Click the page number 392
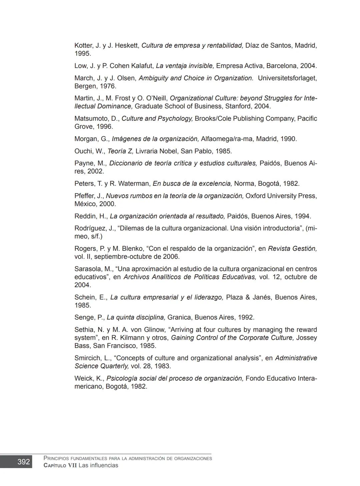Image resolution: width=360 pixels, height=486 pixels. (x=23, y=462)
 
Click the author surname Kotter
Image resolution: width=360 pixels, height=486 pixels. (x=84, y=45)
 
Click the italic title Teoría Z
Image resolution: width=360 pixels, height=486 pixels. (x=120, y=151)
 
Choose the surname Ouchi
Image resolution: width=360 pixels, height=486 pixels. (x=83, y=151)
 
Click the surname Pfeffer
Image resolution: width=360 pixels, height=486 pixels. (x=84, y=196)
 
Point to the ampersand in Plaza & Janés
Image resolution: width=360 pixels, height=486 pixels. (x=248, y=297)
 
